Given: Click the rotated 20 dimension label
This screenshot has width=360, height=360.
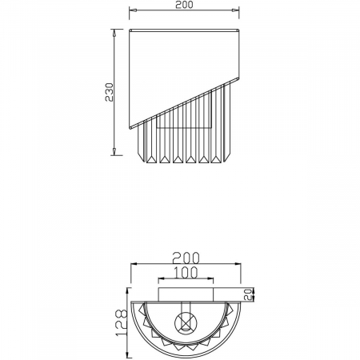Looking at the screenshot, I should click(x=249, y=293).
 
